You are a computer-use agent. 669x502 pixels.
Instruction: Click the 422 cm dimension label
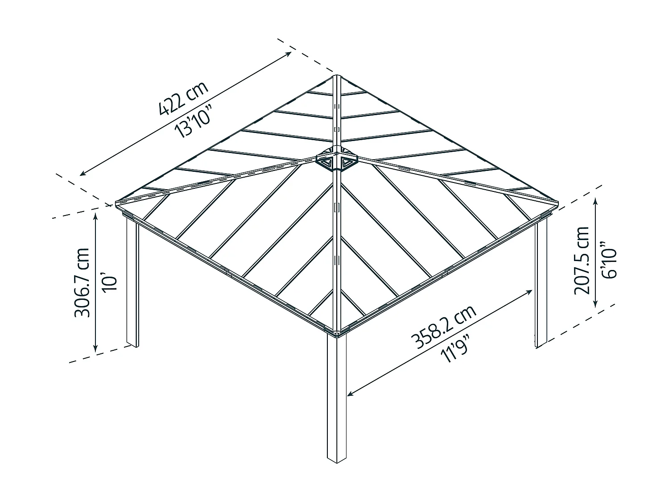point(184,98)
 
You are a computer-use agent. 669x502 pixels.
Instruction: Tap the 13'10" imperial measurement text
point(193,121)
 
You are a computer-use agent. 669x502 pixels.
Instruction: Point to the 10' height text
point(110,283)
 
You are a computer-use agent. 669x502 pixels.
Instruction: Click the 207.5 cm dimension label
point(582,261)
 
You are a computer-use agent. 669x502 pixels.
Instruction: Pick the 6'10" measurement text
point(609,260)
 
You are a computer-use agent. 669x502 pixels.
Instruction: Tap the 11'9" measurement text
point(454,348)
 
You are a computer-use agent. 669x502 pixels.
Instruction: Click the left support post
point(132,282)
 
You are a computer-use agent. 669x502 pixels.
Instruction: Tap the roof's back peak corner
point(336,75)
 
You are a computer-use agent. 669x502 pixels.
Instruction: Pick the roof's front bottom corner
point(337,336)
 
